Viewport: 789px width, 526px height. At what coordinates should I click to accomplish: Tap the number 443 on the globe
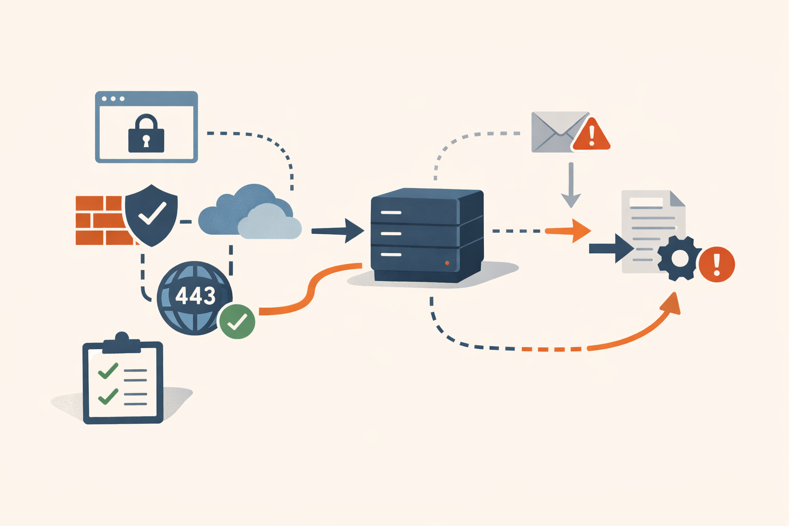pyautogui.click(x=195, y=295)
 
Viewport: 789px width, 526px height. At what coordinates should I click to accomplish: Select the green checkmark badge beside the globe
pyautogui.click(x=237, y=322)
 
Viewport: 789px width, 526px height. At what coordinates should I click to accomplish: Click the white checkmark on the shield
pyautogui.click(x=152, y=213)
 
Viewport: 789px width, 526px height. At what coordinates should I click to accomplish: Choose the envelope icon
pyautogui.click(x=559, y=132)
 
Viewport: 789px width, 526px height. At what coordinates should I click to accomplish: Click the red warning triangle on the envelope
pyautogui.click(x=591, y=135)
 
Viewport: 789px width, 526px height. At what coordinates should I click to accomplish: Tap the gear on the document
pyautogui.click(x=680, y=258)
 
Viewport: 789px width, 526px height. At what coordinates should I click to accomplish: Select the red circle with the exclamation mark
pyautogui.click(x=717, y=264)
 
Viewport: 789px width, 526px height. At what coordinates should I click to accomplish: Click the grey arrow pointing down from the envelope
pyautogui.click(x=571, y=185)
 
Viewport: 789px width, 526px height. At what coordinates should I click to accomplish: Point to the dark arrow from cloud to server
pyautogui.click(x=338, y=231)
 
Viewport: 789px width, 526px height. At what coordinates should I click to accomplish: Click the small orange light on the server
pyautogui.click(x=447, y=263)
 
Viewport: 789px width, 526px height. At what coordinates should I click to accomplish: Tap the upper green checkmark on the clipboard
pyautogui.click(x=108, y=371)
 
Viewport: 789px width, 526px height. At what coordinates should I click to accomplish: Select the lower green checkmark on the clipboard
pyautogui.click(x=108, y=397)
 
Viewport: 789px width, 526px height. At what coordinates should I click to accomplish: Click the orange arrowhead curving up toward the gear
pyautogui.click(x=671, y=303)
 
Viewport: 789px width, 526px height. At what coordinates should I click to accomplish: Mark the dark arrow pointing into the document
pyautogui.click(x=611, y=249)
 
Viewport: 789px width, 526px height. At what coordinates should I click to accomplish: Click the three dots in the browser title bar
pyautogui.click(x=113, y=99)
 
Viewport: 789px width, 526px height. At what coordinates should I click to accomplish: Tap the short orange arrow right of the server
pyautogui.click(x=568, y=231)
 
